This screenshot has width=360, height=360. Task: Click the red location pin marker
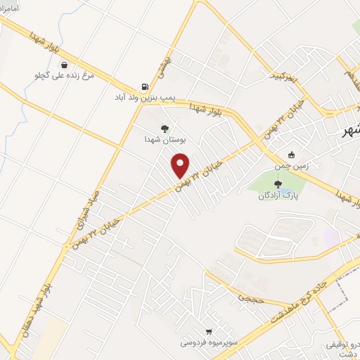[181, 165]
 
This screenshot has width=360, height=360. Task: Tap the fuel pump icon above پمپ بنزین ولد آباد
[145, 86]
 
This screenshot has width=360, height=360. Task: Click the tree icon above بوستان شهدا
[165, 128]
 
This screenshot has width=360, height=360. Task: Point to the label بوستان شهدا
[165, 139]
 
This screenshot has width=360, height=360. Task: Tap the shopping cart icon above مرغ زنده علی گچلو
[64, 63]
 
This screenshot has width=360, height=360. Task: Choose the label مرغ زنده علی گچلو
[64, 75]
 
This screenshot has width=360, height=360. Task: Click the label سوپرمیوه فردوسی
[208, 343]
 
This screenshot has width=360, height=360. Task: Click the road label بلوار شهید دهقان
[39, 309]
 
